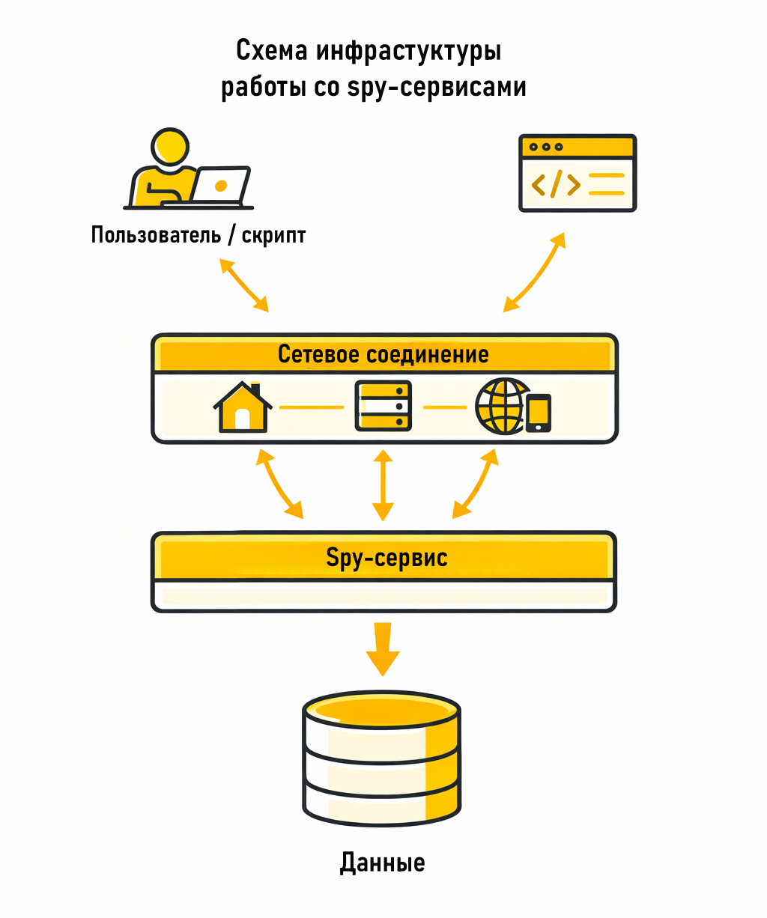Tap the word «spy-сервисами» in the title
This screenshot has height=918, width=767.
437,88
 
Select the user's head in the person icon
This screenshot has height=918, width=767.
170,146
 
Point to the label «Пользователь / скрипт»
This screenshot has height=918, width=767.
198,235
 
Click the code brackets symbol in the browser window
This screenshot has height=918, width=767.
555,184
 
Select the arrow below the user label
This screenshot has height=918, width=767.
244,285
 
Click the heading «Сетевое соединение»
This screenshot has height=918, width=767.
383,354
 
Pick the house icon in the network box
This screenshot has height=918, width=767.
242,408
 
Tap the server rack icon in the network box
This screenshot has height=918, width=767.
383,406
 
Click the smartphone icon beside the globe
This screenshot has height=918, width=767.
539,413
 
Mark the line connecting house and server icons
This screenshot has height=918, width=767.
312,407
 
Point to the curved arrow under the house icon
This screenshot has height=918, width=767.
279,484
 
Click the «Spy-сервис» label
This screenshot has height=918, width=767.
386,558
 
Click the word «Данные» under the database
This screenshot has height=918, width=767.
382,863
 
